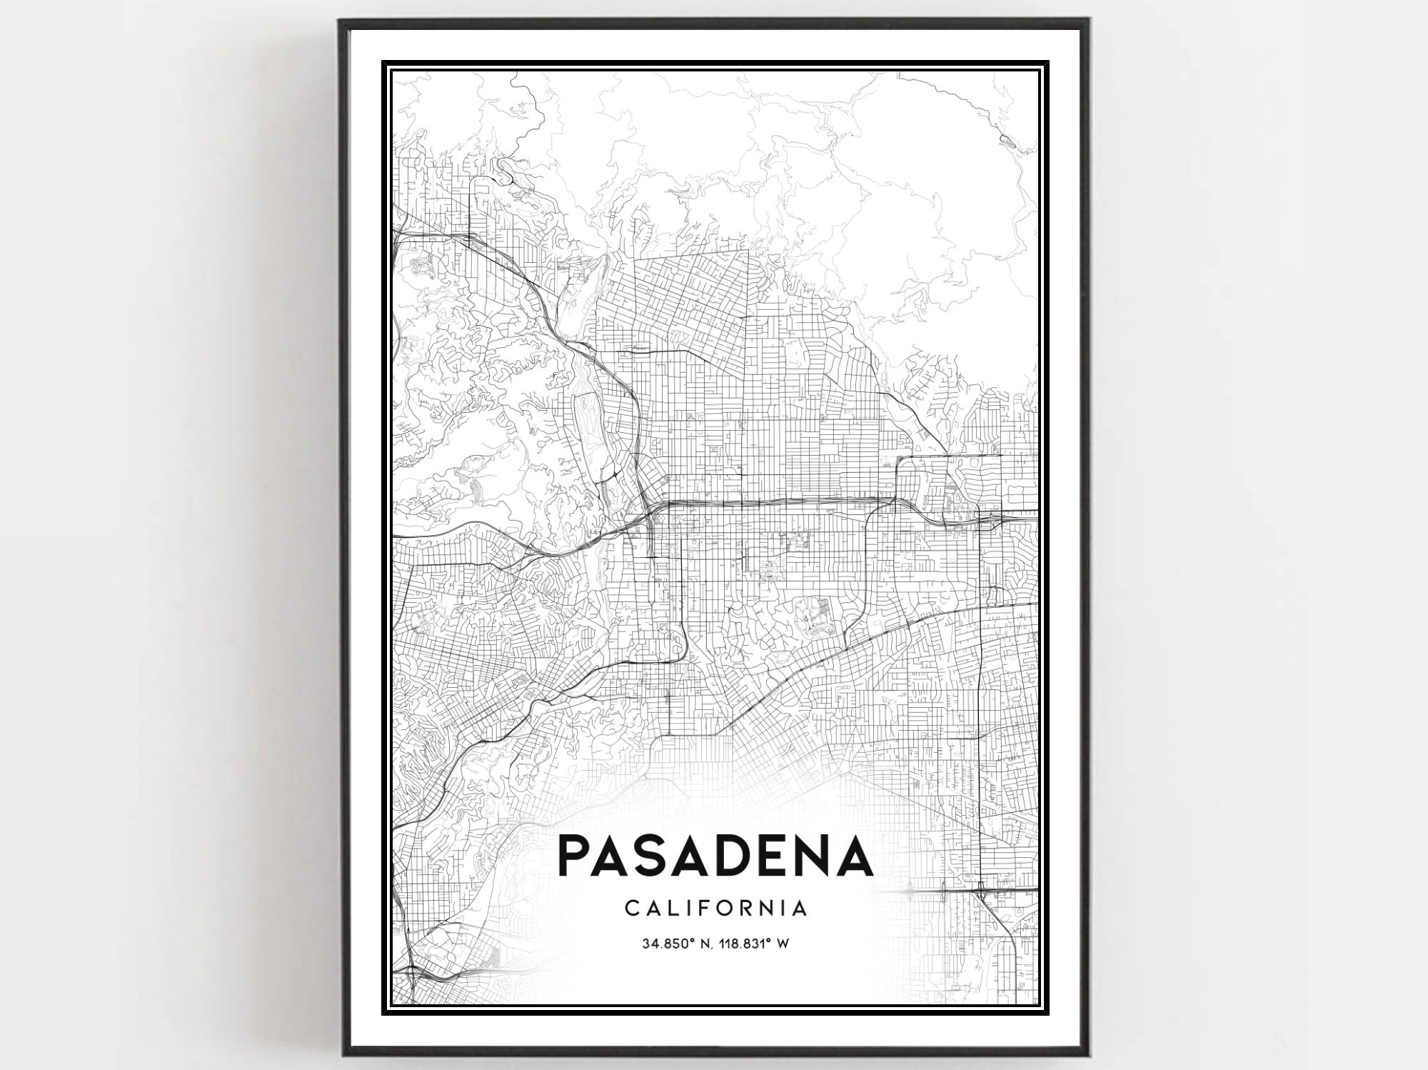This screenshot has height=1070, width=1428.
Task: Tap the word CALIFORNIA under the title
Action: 716,909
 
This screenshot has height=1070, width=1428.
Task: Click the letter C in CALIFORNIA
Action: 632,909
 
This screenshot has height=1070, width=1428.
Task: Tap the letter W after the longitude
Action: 783,944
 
